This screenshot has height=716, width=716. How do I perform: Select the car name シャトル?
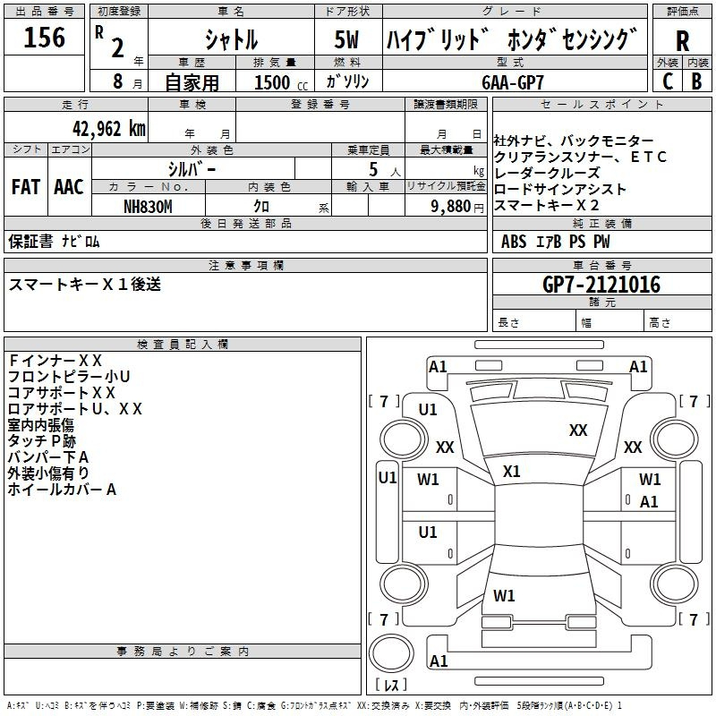[x=231, y=39]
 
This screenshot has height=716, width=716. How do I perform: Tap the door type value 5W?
[x=347, y=39]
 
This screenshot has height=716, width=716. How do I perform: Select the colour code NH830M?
[x=149, y=205]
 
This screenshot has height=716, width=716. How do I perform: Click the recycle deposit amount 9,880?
[x=457, y=205]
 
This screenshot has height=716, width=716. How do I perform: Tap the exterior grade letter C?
[x=667, y=81]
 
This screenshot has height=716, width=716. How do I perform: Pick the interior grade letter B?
[x=696, y=81]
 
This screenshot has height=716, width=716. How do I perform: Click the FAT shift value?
[x=26, y=187]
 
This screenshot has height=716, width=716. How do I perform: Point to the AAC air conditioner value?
[x=69, y=187]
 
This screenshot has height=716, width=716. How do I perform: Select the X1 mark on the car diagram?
[x=512, y=471]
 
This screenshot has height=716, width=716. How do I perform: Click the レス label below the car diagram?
[x=390, y=686]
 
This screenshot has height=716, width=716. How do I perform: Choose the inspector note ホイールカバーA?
[x=62, y=490]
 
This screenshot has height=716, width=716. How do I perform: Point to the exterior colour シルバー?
[x=192, y=167]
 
